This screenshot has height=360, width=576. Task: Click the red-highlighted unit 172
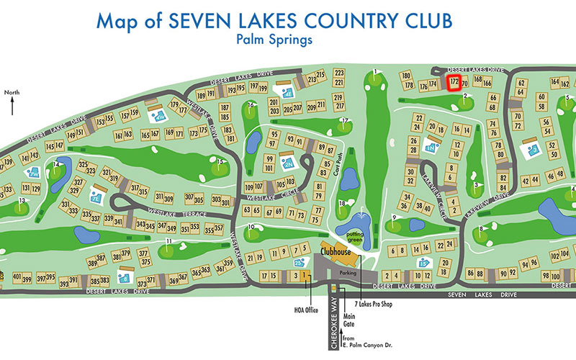(x=454, y=83)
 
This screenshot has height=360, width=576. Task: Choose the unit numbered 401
(x=17, y=276)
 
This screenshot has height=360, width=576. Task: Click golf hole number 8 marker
(x=481, y=229)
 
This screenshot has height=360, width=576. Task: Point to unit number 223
(x=340, y=74)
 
